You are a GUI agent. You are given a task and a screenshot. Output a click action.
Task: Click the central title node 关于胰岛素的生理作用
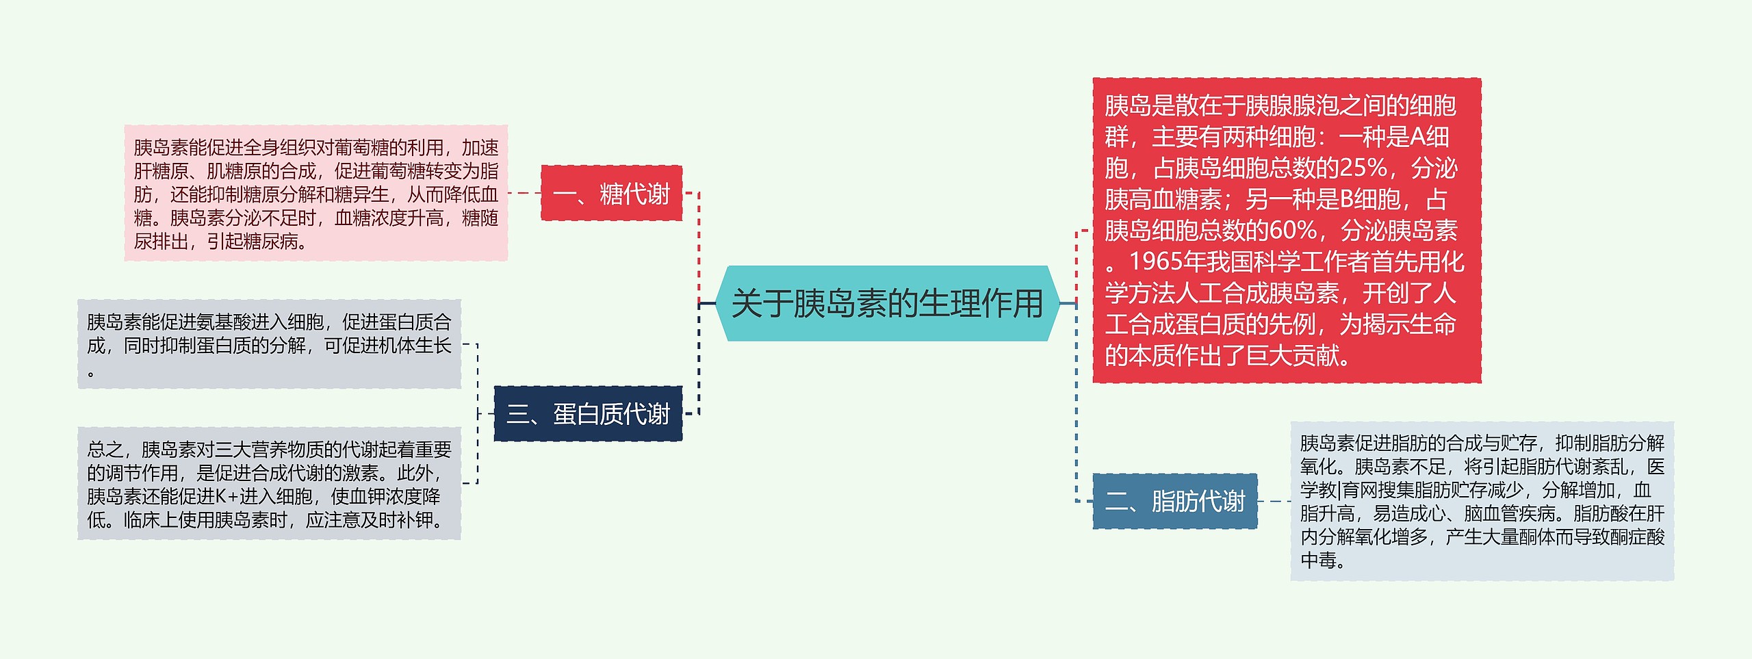point(887,303)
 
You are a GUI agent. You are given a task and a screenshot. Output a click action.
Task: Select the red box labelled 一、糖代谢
point(611,194)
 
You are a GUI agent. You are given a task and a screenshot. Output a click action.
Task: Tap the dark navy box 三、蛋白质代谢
point(588,414)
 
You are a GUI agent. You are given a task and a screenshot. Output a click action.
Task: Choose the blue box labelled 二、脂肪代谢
point(1174,502)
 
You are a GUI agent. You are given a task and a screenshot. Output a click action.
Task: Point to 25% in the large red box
point(1363,168)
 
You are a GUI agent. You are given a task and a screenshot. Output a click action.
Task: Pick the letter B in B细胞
point(1345,200)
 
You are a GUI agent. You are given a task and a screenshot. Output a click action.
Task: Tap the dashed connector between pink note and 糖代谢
point(524,193)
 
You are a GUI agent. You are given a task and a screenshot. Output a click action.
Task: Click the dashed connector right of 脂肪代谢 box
point(1274,502)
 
